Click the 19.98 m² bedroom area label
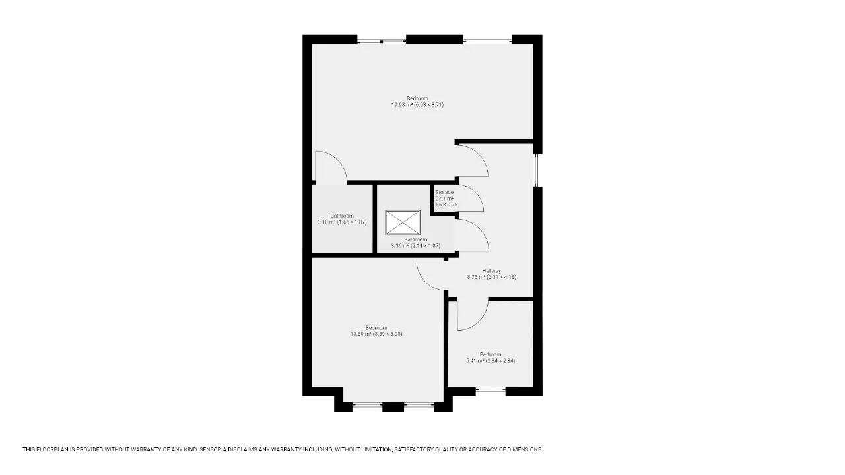[417, 102]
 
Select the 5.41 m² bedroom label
[490, 358]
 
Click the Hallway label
[492, 270]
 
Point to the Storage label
[444, 192]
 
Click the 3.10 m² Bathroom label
[342, 219]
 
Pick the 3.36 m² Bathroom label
[416, 243]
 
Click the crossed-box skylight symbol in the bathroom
[403, 222]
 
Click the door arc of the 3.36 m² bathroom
[482, 230]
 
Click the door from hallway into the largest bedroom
[481, 155]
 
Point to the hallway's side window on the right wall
[535, 170]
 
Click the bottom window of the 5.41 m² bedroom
[490, 389]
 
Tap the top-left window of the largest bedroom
[382, 41]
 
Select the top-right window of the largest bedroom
[487, 41]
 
